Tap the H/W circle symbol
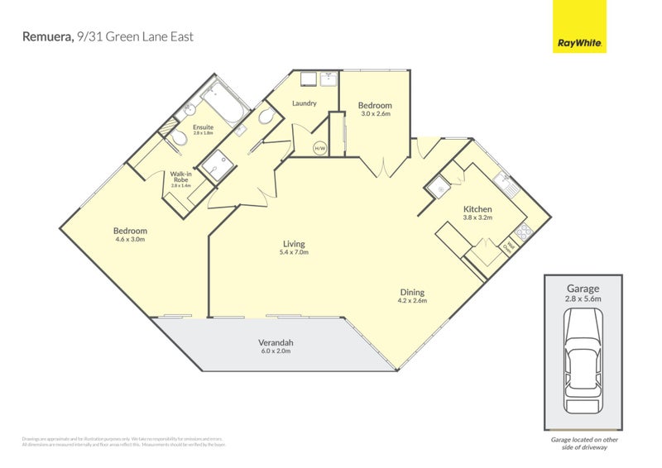319,148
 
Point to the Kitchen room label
477,209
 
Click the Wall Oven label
511,246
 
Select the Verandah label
276,342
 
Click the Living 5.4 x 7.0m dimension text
294,253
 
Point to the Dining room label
412,292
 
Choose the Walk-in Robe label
180,177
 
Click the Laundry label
305,103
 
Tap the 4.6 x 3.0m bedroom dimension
130,240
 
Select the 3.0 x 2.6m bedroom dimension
375,114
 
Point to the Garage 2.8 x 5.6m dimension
583,299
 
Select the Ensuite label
203,127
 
